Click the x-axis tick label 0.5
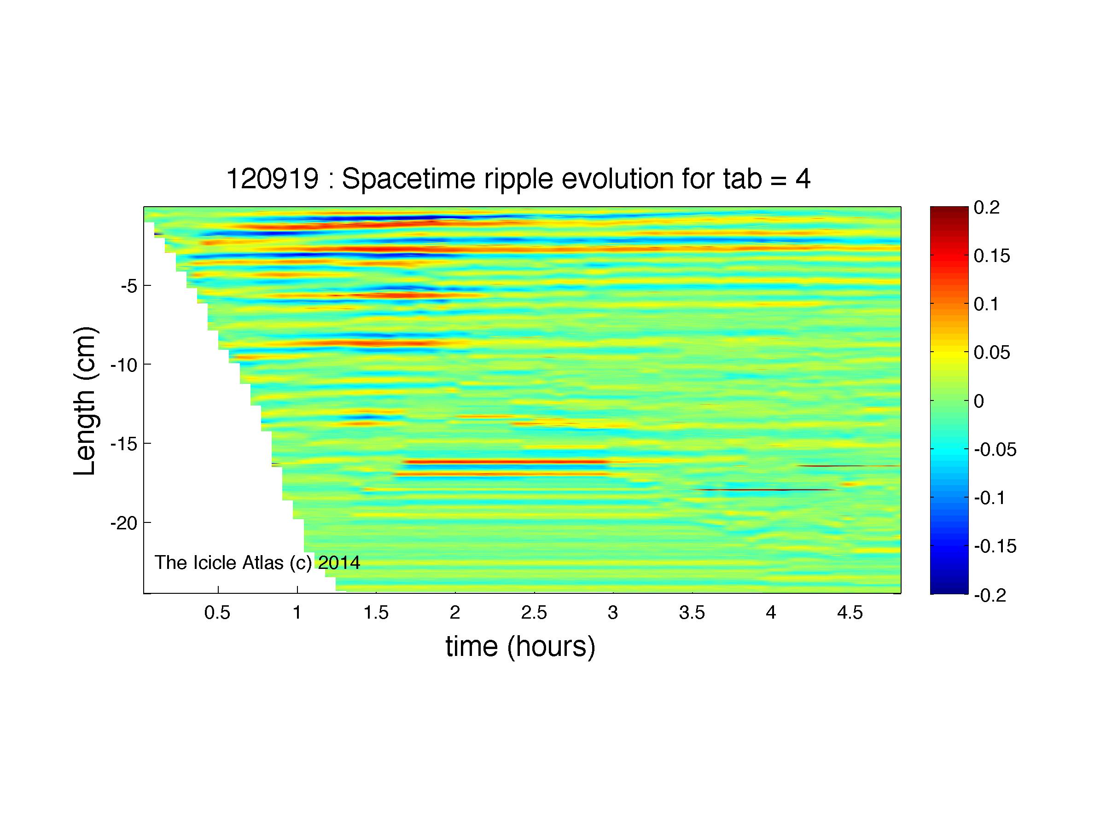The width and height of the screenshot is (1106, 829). [217, 613]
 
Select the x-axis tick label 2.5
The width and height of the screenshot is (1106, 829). [534, 613]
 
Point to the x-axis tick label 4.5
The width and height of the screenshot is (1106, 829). [850, 613]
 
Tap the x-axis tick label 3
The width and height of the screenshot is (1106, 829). [613, 613]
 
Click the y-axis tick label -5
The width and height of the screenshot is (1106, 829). [128, 286]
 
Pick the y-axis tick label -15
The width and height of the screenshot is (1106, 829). [123, 444]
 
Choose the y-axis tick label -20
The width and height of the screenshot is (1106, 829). [123, 523]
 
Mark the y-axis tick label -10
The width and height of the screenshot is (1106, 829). [123, 365]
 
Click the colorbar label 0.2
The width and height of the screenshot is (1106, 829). [986, 208]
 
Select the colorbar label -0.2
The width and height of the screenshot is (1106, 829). [990, 595]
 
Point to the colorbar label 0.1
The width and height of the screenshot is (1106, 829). [986, 304]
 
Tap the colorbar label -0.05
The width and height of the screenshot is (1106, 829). [995, 450]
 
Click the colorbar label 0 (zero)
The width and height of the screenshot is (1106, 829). [979, 401]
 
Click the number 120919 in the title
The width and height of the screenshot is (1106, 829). [273, 179]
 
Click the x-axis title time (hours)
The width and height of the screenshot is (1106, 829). [520, 647]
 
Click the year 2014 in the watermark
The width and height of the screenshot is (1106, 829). [339, 562]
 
